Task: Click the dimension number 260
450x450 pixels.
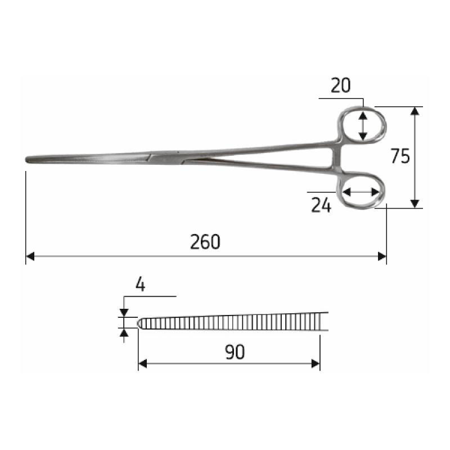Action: tap(205, 242)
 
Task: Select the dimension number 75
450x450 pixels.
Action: tap(400, 157)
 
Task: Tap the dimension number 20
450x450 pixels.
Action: tap(341, 85)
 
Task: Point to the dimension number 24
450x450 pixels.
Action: tap(321, 206)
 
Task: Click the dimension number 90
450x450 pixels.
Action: tap(235, 352)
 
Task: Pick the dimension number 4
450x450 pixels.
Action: tap(141, 285)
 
